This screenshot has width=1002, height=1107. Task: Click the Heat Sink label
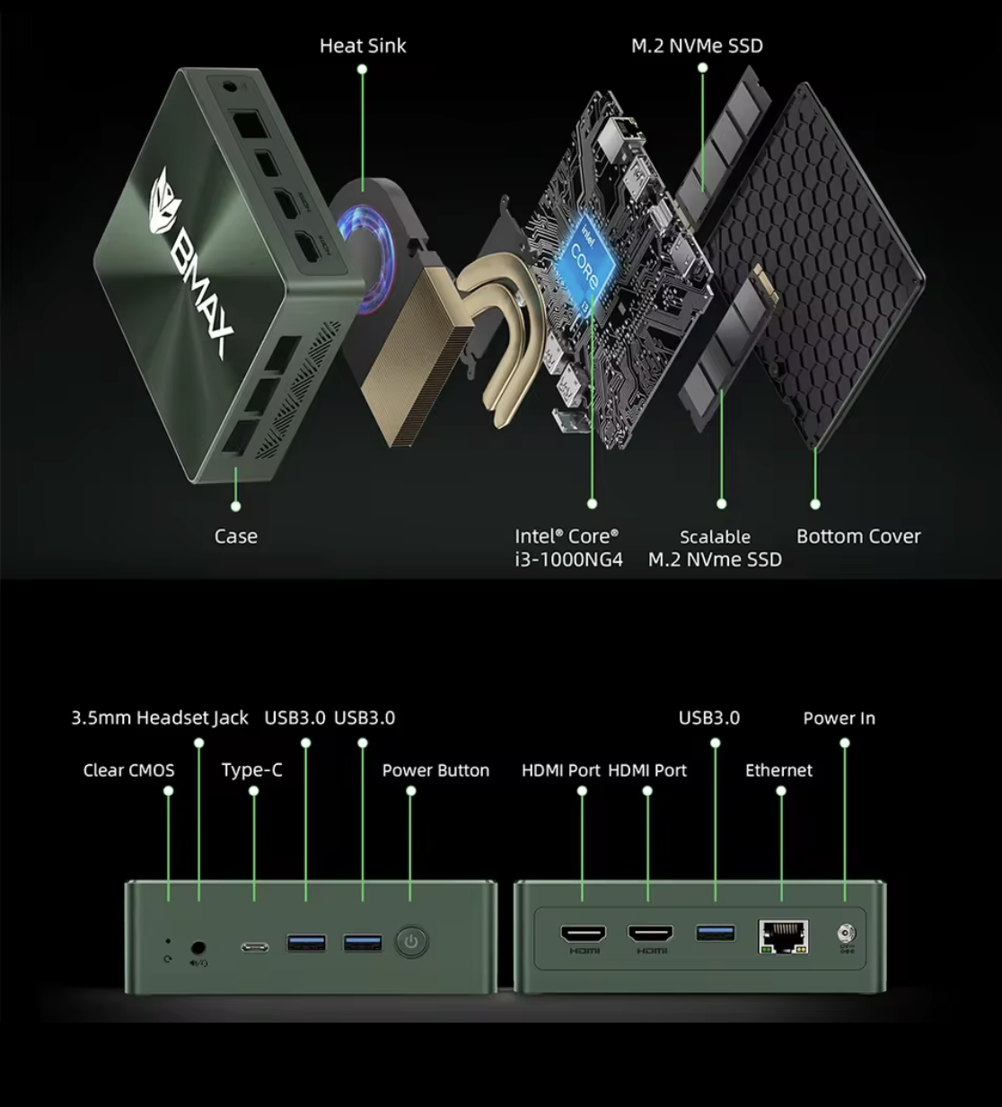363,46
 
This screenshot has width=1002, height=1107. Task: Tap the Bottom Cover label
858,537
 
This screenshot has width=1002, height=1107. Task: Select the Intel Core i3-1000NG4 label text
568,548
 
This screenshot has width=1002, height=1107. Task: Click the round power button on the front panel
411,943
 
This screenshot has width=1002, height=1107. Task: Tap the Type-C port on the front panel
254,947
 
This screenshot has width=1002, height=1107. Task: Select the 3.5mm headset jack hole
198,946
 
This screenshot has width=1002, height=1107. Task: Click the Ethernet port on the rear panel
783,936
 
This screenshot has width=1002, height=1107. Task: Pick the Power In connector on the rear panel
845,934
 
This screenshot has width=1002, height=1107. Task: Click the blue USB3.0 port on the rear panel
716,933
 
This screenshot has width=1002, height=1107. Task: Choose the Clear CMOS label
128,770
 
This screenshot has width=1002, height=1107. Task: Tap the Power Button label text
435,770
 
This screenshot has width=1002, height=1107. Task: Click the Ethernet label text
778,770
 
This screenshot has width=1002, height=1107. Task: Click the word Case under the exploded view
235,537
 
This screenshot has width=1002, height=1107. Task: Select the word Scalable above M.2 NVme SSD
715,537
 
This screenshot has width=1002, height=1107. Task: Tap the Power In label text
839,718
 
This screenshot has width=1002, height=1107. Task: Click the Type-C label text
251,770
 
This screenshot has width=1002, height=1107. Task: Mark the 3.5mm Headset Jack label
160,718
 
